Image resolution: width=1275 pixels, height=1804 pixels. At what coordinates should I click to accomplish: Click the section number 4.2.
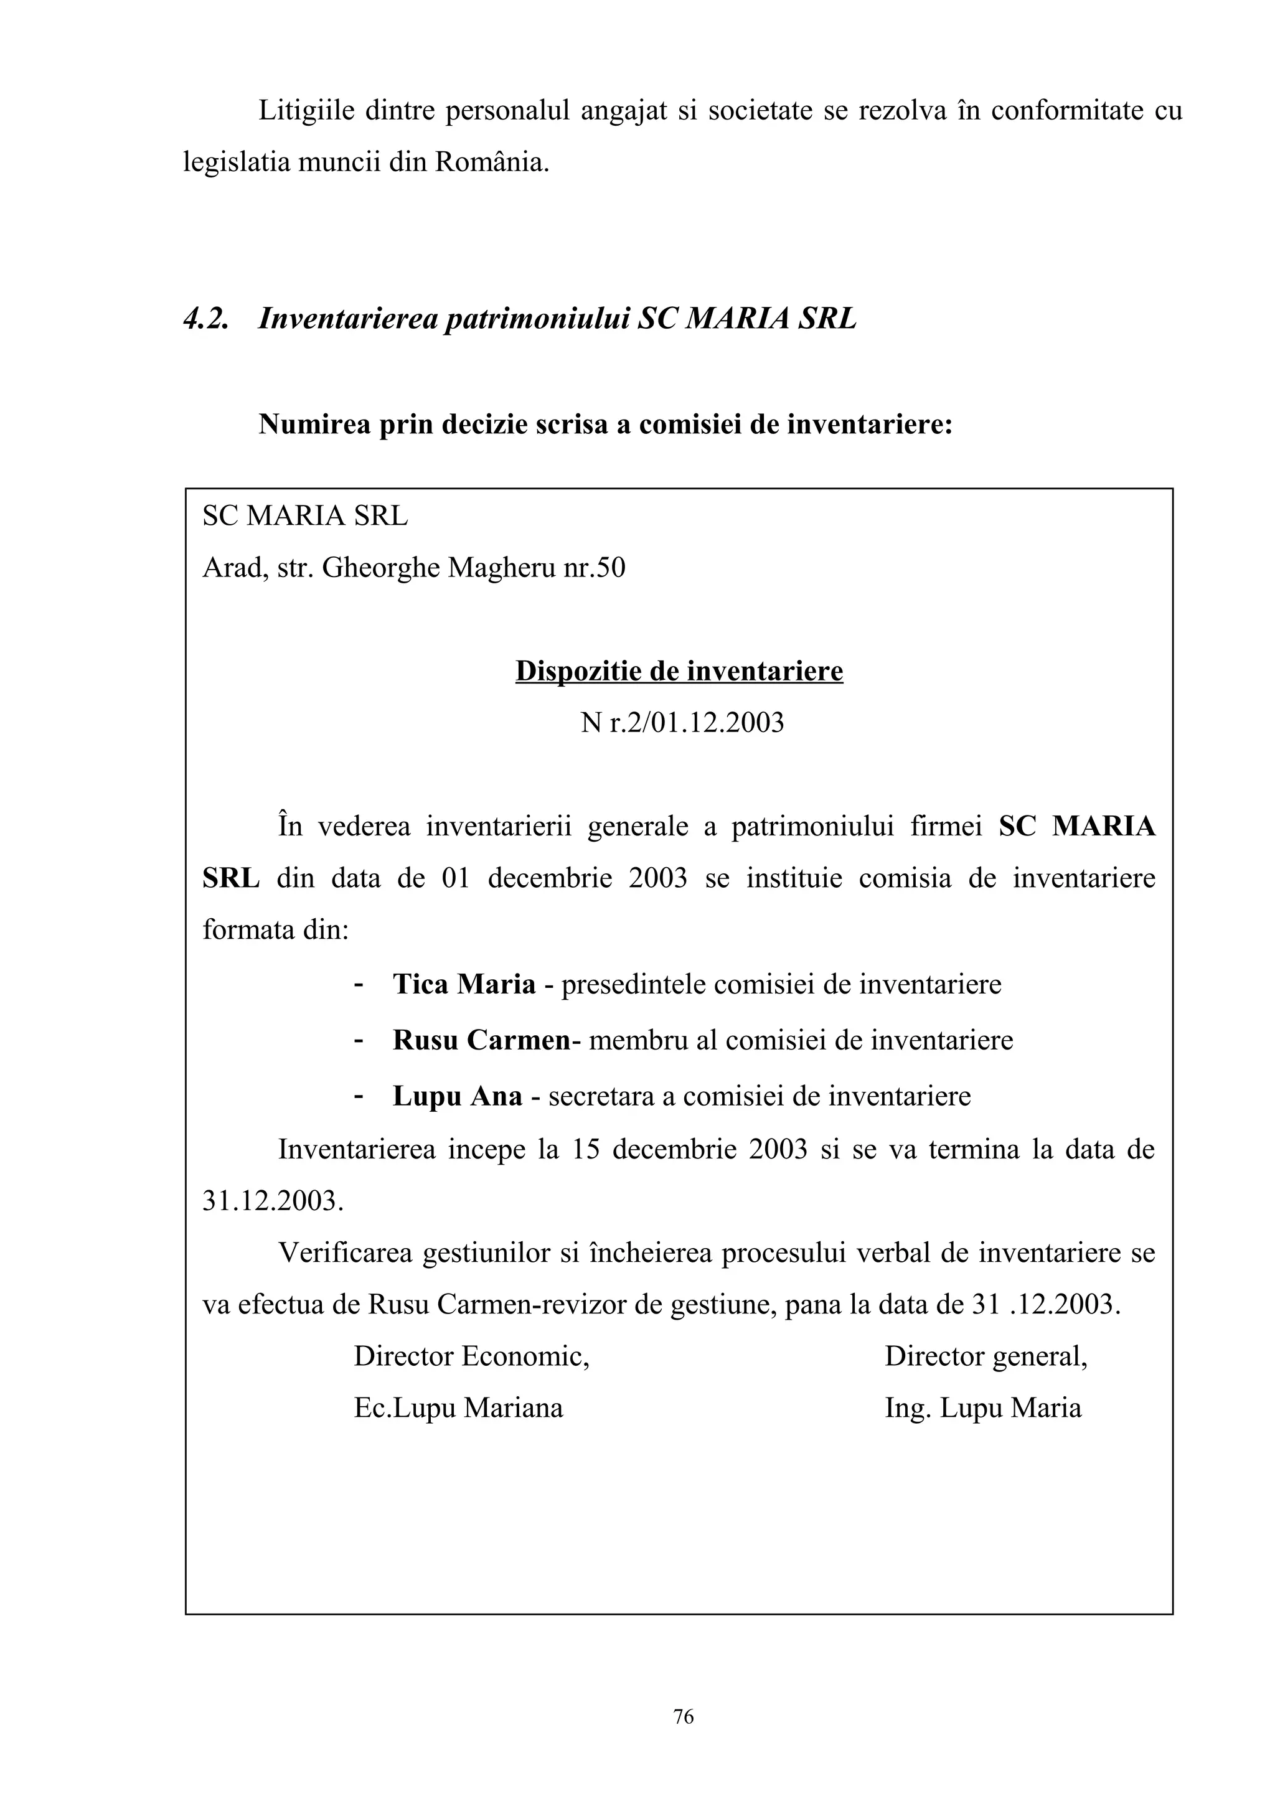point(206,318)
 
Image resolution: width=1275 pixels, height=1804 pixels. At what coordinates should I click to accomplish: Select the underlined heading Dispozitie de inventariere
point(679,670)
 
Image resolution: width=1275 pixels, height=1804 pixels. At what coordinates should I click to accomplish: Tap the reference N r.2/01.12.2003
point(682,722)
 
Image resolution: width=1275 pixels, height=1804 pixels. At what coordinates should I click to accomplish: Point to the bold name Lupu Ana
point(457,1096)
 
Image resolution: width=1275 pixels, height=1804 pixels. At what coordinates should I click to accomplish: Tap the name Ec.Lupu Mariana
point(458,1407)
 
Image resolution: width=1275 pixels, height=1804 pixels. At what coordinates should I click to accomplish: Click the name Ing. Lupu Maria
point(983,1407)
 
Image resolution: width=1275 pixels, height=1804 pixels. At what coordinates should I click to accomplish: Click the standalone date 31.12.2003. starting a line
point(273,1201)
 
